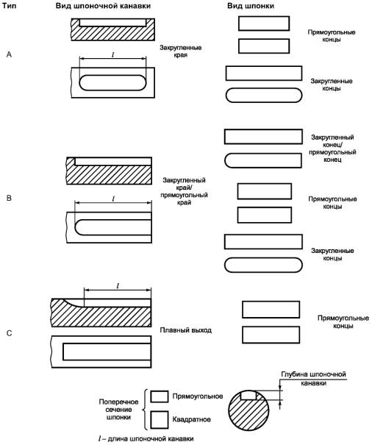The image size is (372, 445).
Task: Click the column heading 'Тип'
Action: [9, 6]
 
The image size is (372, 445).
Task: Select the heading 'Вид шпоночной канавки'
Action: [103, 6]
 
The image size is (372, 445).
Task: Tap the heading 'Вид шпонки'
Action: [251, 6]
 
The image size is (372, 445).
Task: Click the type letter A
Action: [9, 54]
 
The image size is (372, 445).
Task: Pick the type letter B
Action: [9, 198]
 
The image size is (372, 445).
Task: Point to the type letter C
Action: [9, 333]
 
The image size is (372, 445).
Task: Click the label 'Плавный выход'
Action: [185, 330]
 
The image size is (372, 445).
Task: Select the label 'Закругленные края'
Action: [180, 51]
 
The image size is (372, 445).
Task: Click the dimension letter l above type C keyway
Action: [118, 285]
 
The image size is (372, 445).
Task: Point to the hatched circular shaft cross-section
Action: [249, 409]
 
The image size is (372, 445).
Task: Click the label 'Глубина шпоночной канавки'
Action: [313, 379]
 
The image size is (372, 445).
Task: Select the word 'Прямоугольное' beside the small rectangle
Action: [198, 396]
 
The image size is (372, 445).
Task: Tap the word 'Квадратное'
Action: [192, 419]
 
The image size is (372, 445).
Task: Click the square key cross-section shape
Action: [160, 420]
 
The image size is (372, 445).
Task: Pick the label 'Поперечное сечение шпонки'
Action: [118, 410]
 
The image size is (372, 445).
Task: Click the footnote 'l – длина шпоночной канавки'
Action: [146, 438]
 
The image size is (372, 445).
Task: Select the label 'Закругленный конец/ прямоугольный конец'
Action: [332, 149]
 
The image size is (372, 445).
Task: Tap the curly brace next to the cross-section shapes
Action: [146, 410]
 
